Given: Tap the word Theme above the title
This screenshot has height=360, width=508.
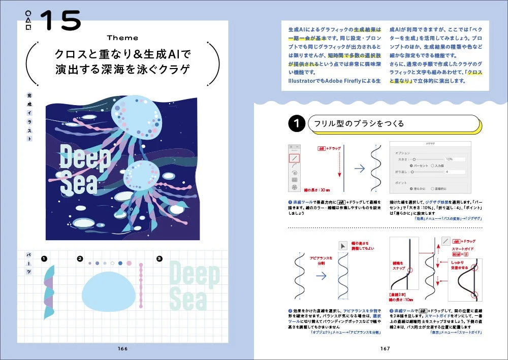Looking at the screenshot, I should click(x=122, y=38).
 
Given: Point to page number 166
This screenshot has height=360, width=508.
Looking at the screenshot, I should click(x=122, y=348).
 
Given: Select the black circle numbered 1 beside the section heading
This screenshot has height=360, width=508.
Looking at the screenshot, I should click(x=296, y=124).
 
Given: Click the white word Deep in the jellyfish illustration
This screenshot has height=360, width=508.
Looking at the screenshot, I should click(x=84, y=157).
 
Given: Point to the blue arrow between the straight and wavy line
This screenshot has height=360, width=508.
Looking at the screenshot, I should click(x=359, y=169).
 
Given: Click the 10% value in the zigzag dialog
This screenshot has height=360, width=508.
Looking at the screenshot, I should click(x=449, y=159).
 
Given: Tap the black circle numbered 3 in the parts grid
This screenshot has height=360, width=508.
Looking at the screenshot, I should click(x=159, y=259).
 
